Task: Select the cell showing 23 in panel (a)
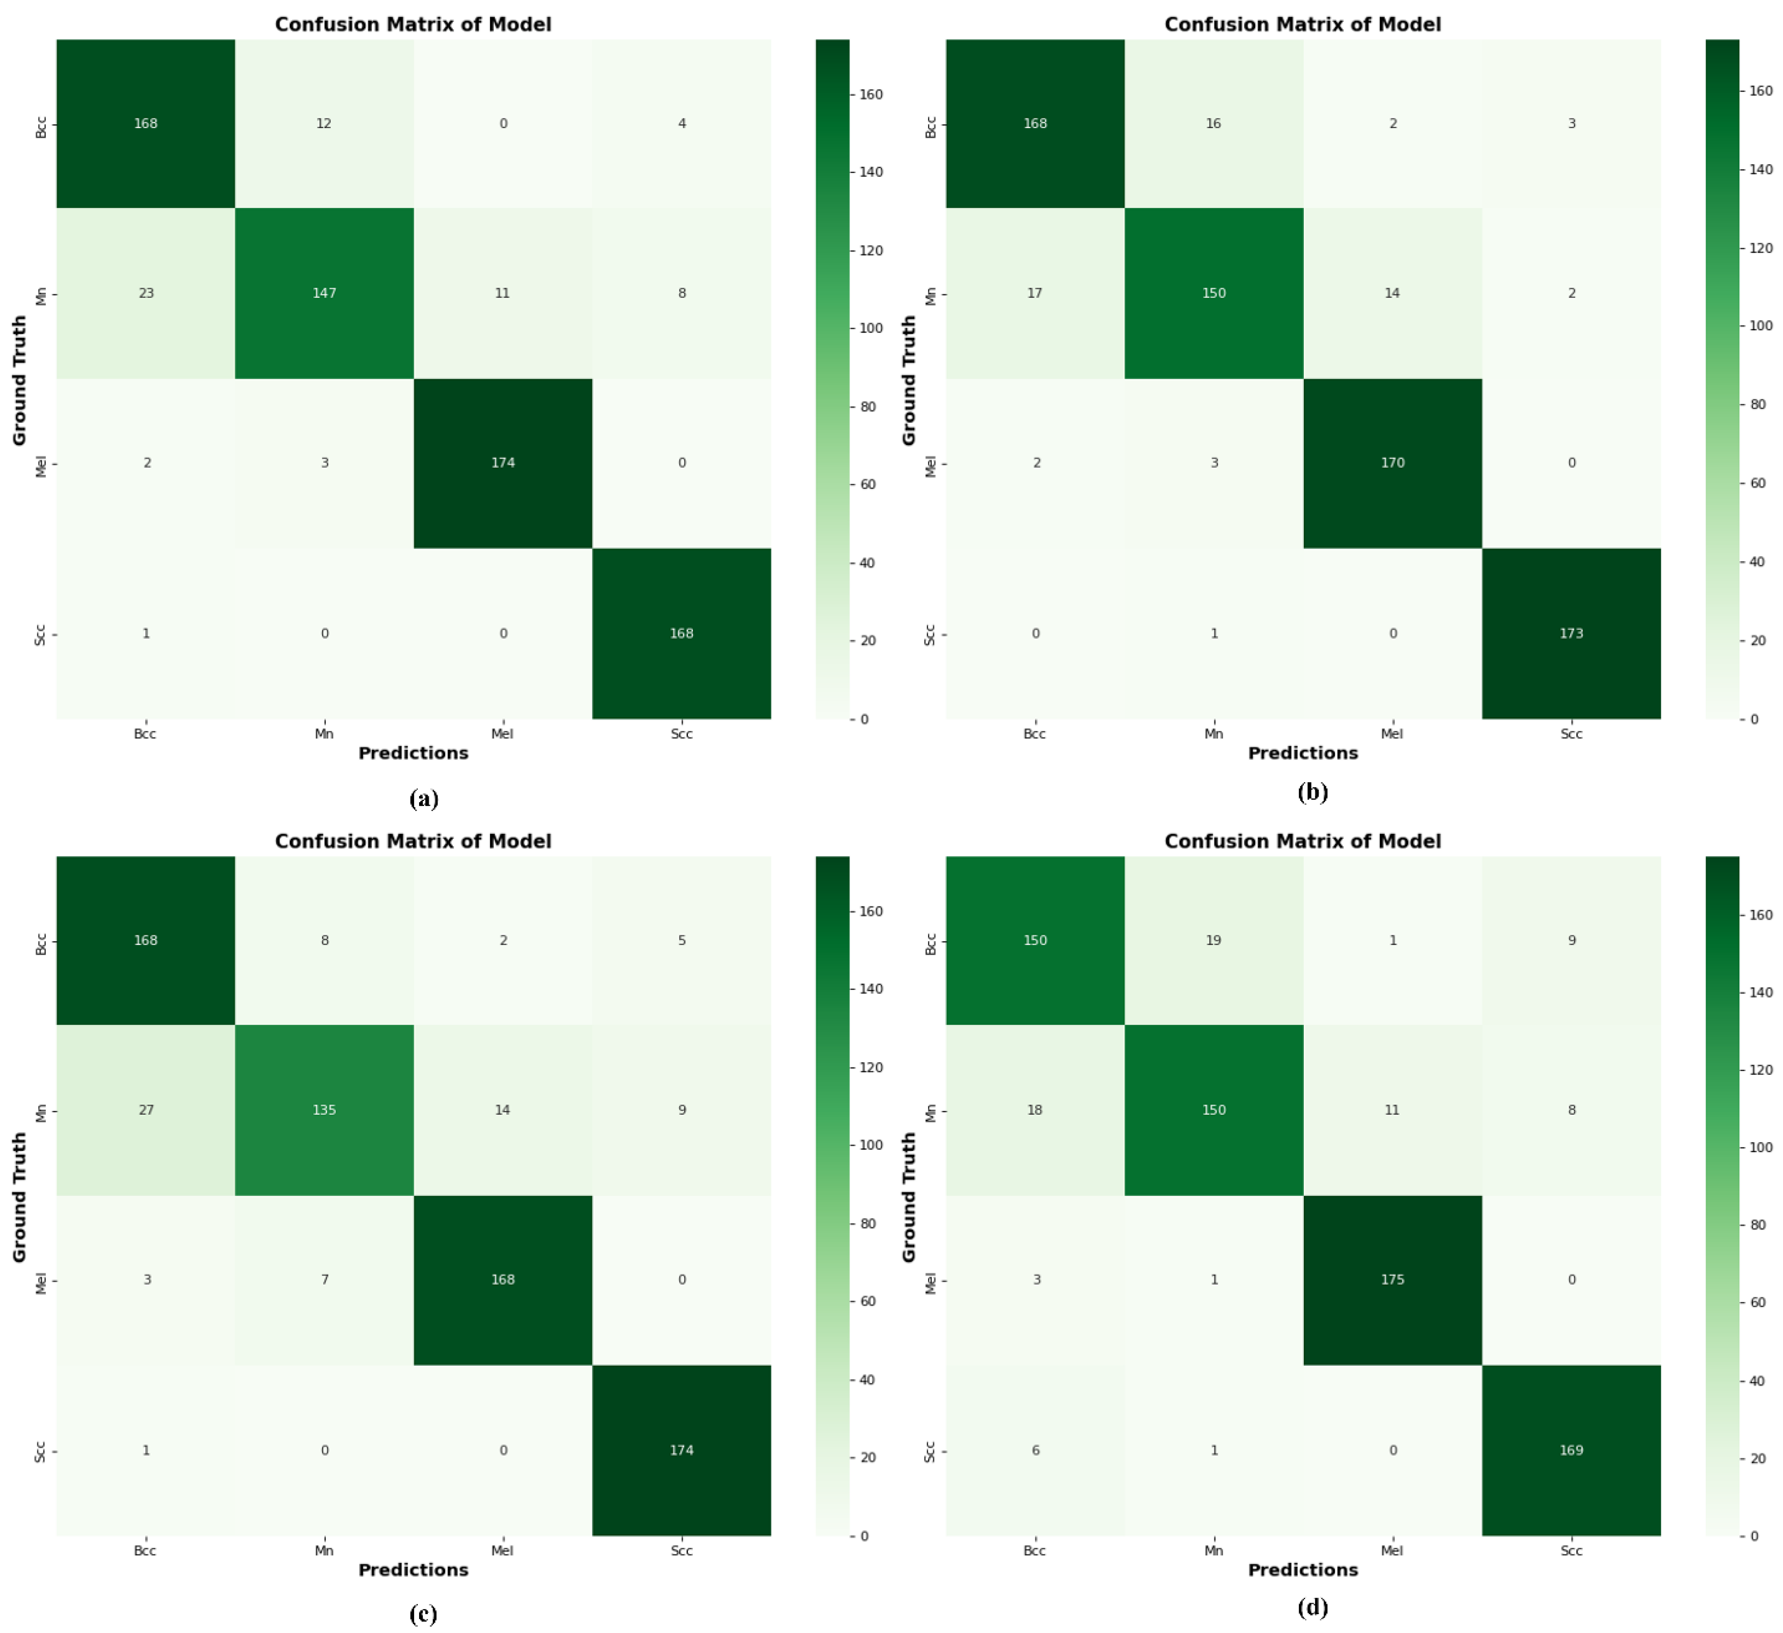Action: tap(146, 293)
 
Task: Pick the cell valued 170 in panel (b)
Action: tap(1392, 463)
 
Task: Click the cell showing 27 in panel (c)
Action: tap(146, 1109)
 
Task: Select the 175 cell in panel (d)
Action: tap(1392, 1279)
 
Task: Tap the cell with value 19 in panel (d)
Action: tap(1214, 940)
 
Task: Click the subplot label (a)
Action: tap(424, 799)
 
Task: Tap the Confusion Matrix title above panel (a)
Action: tap(413, 24)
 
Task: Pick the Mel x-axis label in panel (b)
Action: tap(1392, 733)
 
